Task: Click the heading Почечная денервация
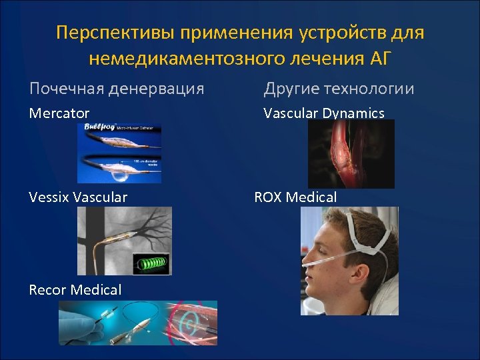[x=117, y=88]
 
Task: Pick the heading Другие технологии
[x=339, y=88]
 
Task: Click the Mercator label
[x=59, y=113]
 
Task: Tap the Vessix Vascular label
[x=79, y=197]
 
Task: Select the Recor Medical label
[x=75, y=290]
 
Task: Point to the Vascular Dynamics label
[x=324, y=113]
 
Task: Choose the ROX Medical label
[x=295, y=197]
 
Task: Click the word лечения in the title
[x=317, y=59]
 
